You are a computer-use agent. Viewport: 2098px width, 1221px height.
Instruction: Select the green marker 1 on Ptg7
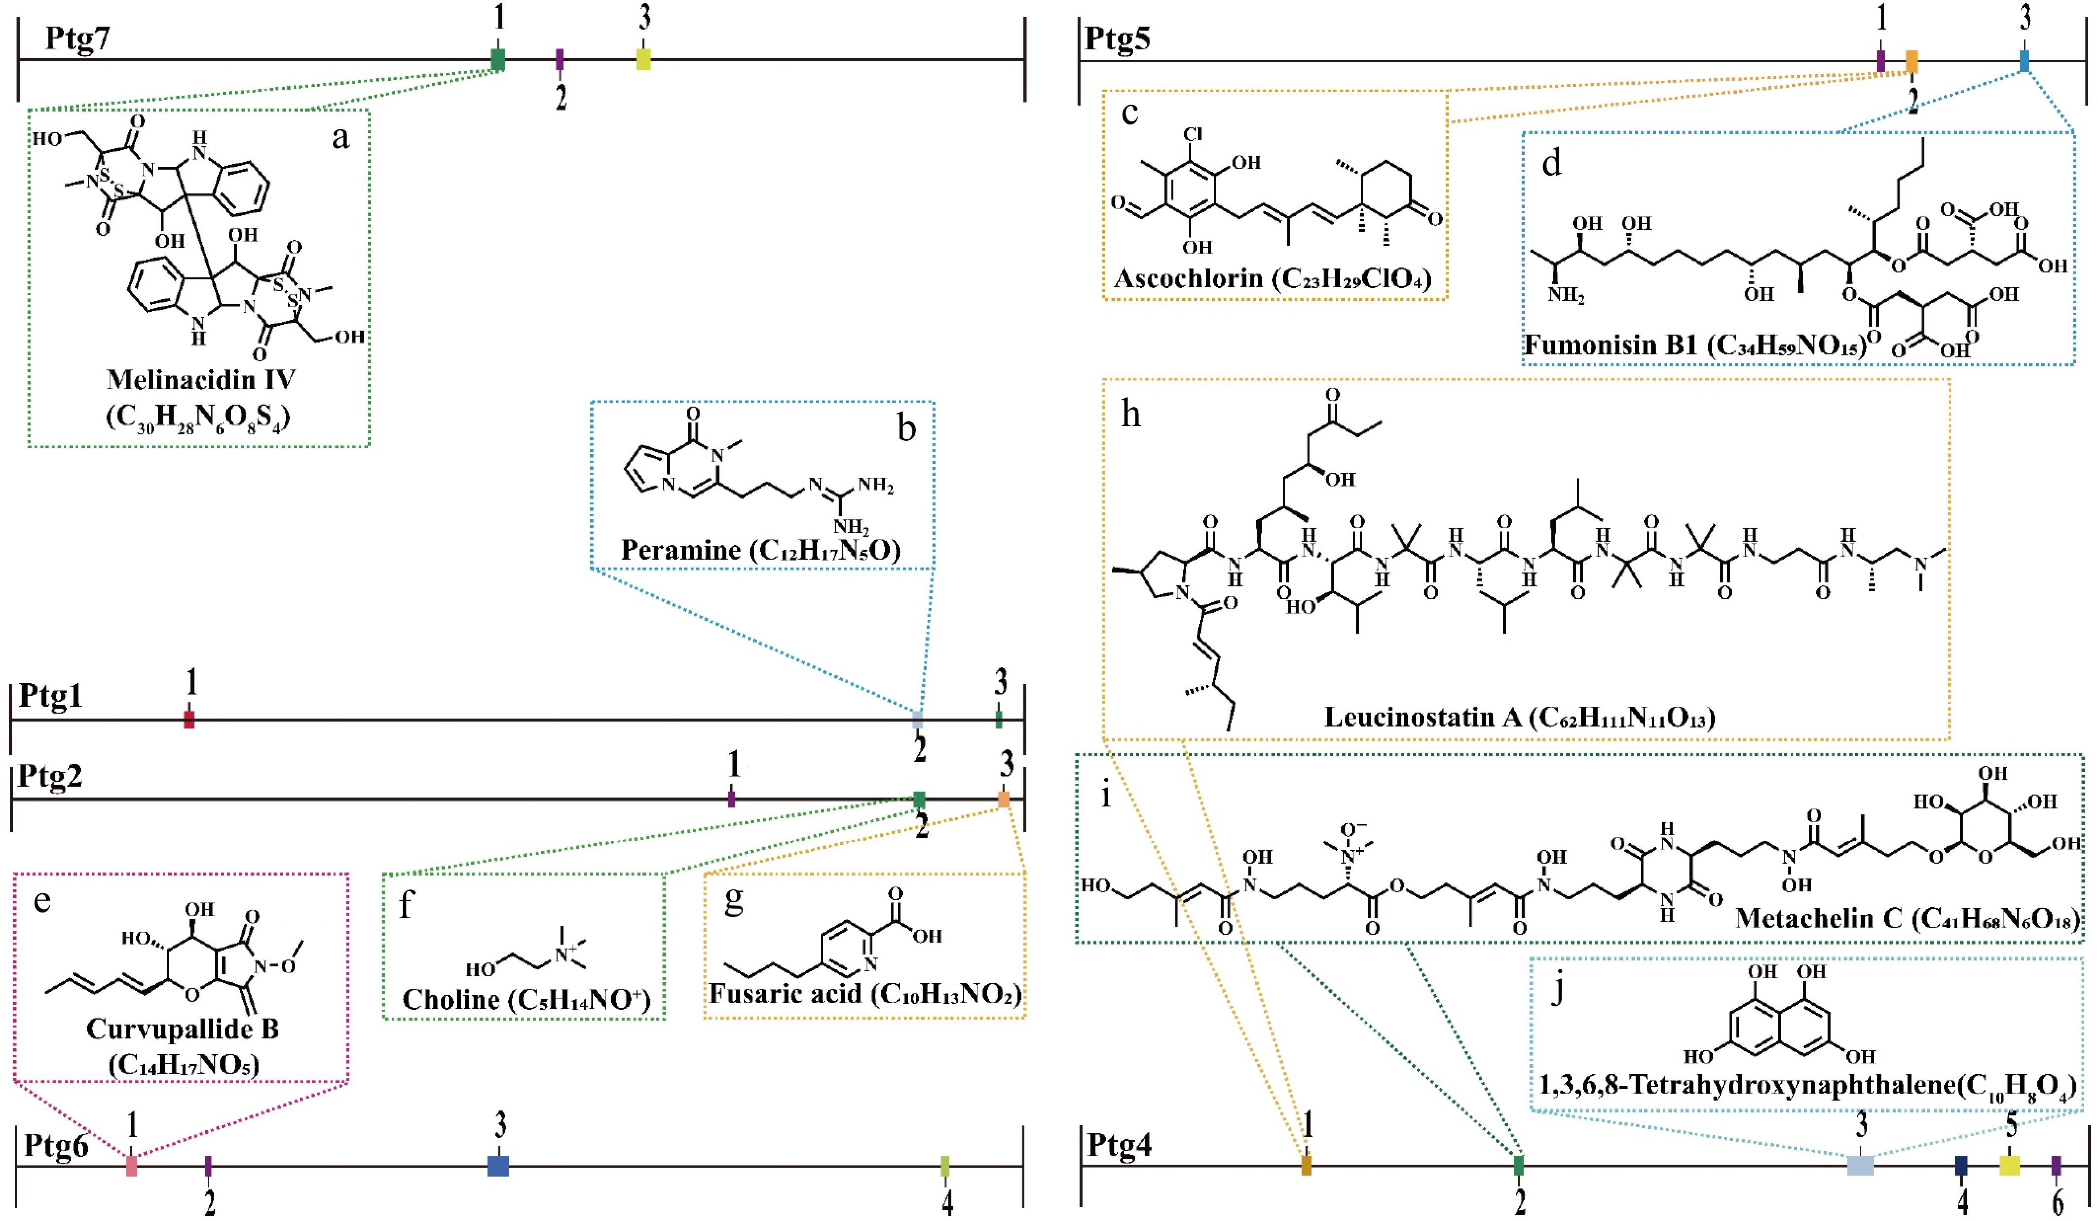498,59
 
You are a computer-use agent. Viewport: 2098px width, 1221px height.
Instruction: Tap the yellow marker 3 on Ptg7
643,59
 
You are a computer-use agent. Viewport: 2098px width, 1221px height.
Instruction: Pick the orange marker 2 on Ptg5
1912,60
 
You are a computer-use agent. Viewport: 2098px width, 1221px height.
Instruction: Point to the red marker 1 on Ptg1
189,720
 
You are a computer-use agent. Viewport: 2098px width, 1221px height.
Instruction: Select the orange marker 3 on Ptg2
1004,800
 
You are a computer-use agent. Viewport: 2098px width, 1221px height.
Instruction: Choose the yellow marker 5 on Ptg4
2010,1165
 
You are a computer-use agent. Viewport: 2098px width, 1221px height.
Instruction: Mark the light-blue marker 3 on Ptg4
1861,1165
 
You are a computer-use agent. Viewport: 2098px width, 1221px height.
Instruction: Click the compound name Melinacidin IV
201,380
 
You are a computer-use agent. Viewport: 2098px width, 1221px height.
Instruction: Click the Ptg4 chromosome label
1120,1145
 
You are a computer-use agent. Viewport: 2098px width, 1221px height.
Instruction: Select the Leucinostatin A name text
1423,717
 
